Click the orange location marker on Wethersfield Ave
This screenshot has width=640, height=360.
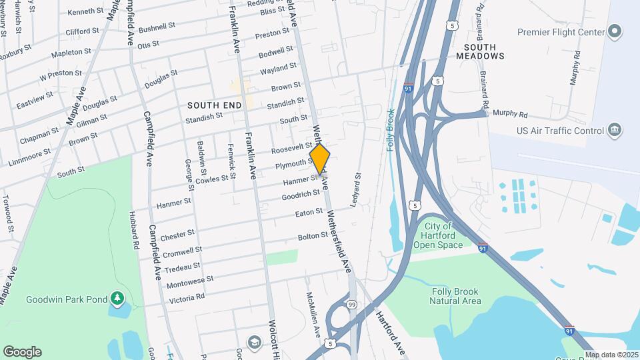[x=320, y=159]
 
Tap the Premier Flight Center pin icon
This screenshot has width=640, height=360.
[x=615, y=32]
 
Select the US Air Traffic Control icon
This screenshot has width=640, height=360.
[x=615, y=129]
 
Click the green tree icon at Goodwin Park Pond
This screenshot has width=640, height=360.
[x=117, y=297]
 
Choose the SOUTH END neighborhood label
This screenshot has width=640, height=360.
[x=213, y=105]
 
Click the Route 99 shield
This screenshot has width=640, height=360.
[x=351, y=305]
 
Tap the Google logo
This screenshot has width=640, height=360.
[x=22, y=352]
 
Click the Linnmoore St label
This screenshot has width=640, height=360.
[x=30, y=158]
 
